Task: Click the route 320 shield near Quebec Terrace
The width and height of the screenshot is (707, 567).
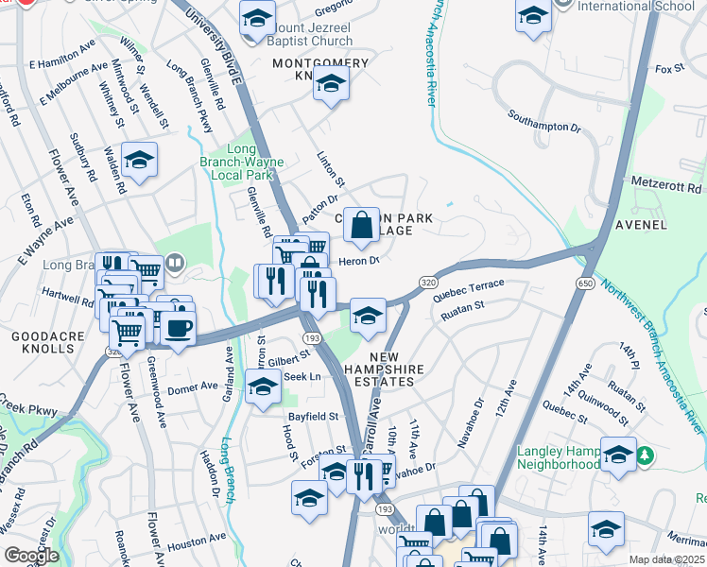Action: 428,283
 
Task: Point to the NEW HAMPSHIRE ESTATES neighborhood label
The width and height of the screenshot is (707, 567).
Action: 379,369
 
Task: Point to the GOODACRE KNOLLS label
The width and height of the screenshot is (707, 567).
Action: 43,342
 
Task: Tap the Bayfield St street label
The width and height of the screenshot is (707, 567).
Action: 313,416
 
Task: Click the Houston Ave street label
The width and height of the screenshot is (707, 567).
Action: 197,542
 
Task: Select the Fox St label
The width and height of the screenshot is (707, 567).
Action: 668,69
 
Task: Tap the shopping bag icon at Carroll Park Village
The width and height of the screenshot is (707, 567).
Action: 361,226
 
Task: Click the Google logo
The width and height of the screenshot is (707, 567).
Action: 31,556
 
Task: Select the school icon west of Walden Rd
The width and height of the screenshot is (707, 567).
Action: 139,161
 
